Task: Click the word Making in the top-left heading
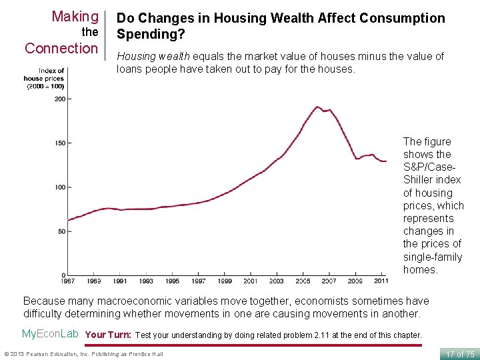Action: (x=75, y=16)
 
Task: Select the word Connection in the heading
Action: (x=61, y=49)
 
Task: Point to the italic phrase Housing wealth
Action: (x=153, y=57)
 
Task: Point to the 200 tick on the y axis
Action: (x=59, y=99)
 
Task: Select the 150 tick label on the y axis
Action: (x=59, y=143)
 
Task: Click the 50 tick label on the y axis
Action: (x=61, y=231)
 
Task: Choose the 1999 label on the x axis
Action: (x=225, y=281)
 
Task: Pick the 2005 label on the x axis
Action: (x=303, y=281)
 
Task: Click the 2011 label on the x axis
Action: (x=381, y=281)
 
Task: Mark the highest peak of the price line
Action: (x=317, y=107)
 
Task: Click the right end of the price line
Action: (x=386, y=161)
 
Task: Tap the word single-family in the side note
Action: (x=432, y=257)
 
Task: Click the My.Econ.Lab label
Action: (x=51, y=334)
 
